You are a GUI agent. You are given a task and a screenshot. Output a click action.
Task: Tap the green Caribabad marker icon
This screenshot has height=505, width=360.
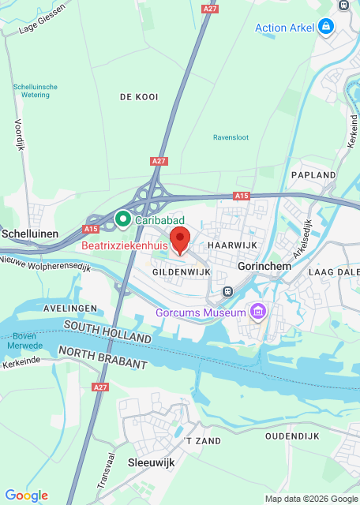(x=122, y=218)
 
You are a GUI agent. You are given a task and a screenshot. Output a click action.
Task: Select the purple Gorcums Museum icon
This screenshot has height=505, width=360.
(x=257, y=313)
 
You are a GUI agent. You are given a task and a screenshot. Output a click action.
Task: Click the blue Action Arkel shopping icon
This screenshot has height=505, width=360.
(x=325, y=28)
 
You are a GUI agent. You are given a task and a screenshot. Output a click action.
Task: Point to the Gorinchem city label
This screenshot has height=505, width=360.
(x=264, y=266)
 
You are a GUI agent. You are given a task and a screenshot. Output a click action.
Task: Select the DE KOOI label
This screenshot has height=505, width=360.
(x=139, y=96)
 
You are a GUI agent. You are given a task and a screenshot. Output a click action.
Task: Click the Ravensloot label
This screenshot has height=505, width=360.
(x=231, y=137)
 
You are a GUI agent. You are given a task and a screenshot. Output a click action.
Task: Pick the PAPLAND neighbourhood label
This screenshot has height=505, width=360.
(x=313, y=174)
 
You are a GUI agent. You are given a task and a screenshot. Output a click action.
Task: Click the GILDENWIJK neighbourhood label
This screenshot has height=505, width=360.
(x=181, y=271)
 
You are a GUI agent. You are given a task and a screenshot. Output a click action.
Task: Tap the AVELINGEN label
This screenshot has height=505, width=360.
(x=70, y=307)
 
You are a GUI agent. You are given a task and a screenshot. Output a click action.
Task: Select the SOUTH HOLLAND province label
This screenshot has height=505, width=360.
(x=107, y=331)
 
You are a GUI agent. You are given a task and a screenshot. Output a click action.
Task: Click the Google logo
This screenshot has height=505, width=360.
(x=26, y=496)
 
